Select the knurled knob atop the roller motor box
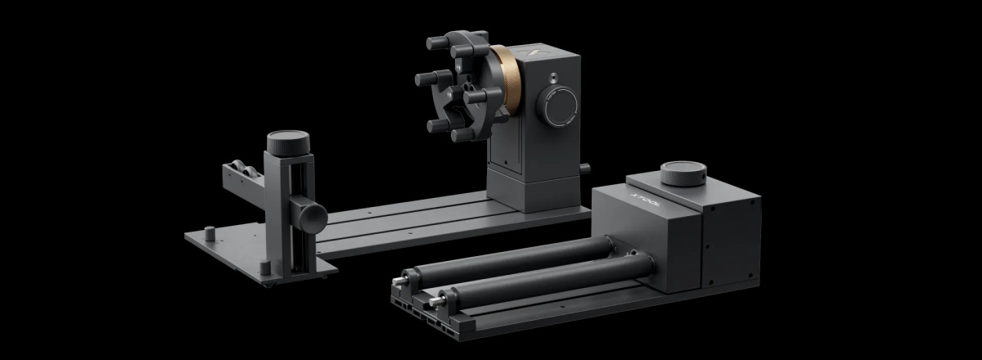point(683,173)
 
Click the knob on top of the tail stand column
point(288,144)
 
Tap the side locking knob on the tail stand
point(312,215)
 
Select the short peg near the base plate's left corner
point(209,233)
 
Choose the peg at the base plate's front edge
point(264,267)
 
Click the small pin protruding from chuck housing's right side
point(585,169)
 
